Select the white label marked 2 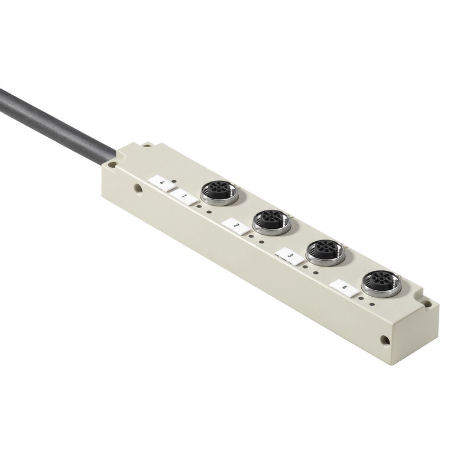point(235,226)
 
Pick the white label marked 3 point(288,255)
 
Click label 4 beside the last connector point(345,288)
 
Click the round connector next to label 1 point(219,192)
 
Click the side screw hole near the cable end point(137,190)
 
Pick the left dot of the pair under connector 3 point(305,266)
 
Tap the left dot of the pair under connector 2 point(251,237)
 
